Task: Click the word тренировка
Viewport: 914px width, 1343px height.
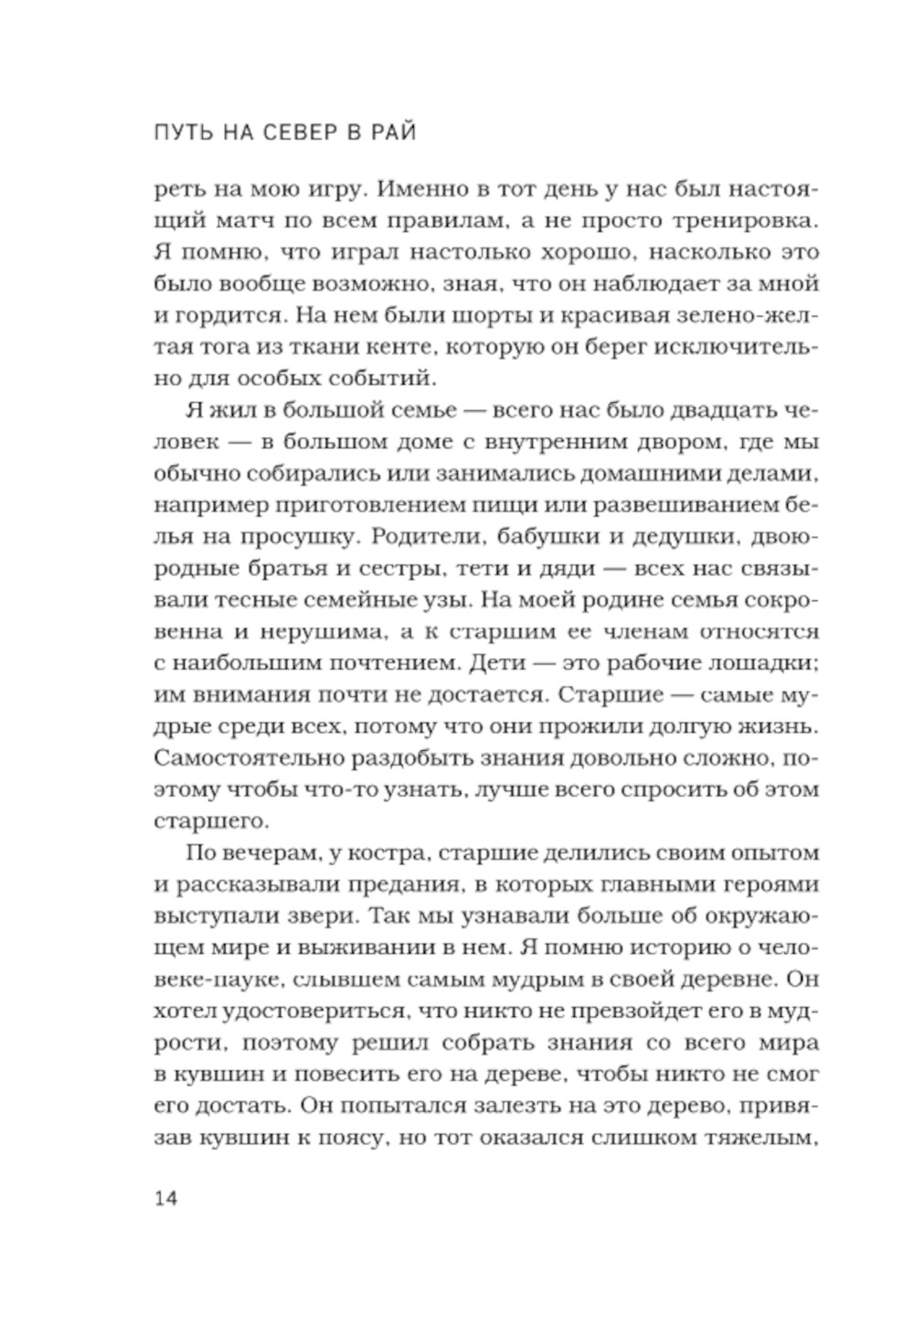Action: pos(748,221)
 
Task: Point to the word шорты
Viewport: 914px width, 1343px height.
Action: pos(494,315)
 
